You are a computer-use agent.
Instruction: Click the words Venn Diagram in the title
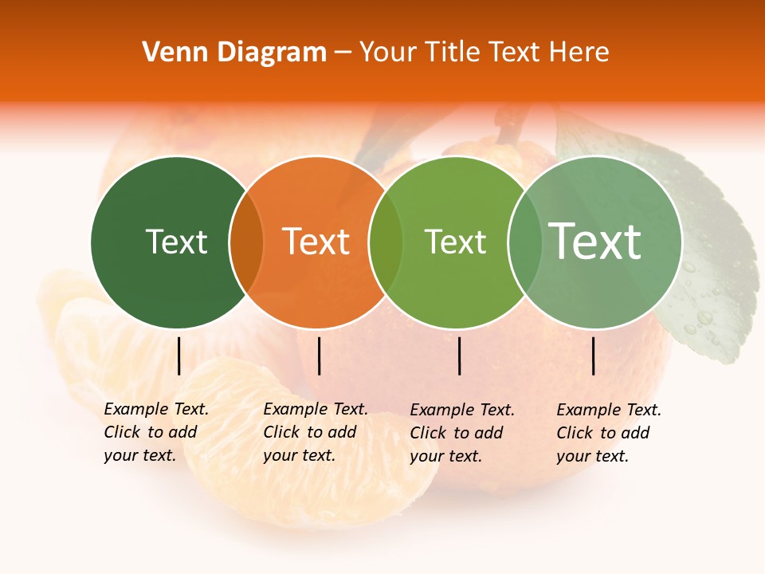coord(234,53)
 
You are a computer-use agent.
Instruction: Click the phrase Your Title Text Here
coord(484,53)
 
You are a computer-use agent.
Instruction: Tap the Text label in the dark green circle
coord(176,242)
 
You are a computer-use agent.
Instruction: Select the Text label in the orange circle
coord(316,242)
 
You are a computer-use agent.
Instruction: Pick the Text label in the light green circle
coord(455,242)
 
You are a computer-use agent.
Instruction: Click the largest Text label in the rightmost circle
coord(595,241)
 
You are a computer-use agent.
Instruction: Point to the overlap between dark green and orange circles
coord(246,242)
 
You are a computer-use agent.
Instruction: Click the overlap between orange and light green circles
coord(386,242)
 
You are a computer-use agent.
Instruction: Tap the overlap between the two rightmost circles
coord(524,242)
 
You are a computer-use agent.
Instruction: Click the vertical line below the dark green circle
coord(178,356)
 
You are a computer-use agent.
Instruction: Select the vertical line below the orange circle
coord(319,356)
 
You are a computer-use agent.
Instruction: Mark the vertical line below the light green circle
coord(459,356)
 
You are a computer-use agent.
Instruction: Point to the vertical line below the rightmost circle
coord(593,356)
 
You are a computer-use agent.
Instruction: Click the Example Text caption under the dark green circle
coord(155,432)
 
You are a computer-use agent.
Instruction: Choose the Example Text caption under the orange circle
coord(315,432)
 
